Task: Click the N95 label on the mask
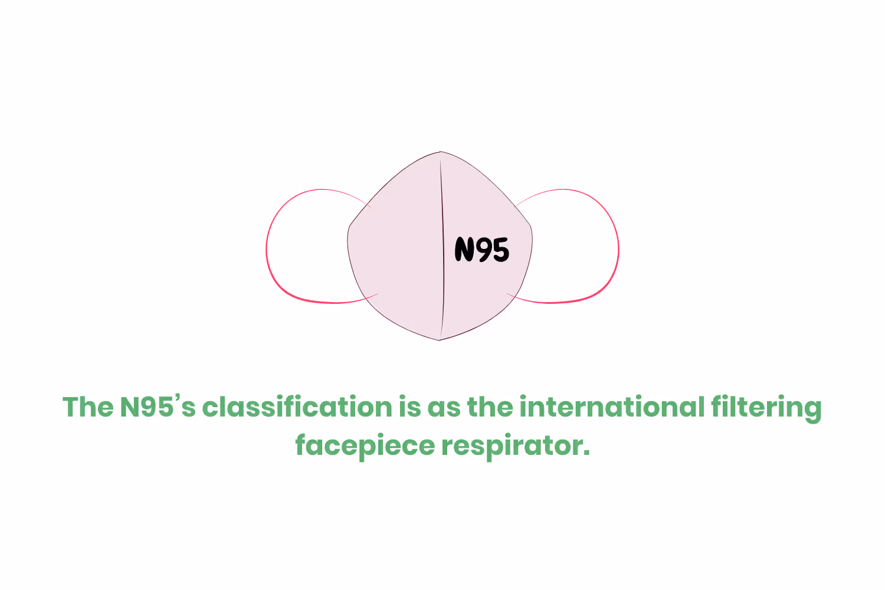click(481, 250)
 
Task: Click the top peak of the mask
click(440, 152)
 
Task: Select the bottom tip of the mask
click(440, 339)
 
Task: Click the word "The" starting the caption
click(88, 407)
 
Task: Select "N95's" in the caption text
click(158, 407)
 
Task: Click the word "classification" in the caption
click(297, 407)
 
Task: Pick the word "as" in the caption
click(444, 407)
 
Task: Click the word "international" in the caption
click(612, 407)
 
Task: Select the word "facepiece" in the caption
click(365, 446)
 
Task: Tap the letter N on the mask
click(465, 250)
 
